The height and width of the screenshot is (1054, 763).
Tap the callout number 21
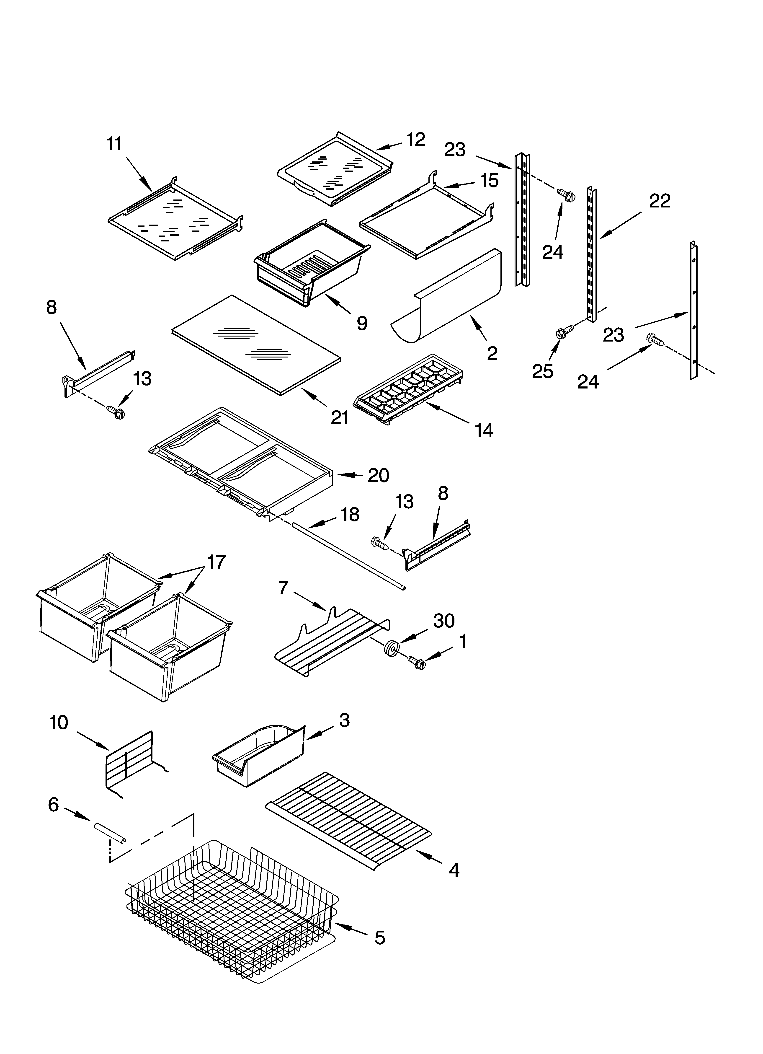[x=340, y=418]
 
